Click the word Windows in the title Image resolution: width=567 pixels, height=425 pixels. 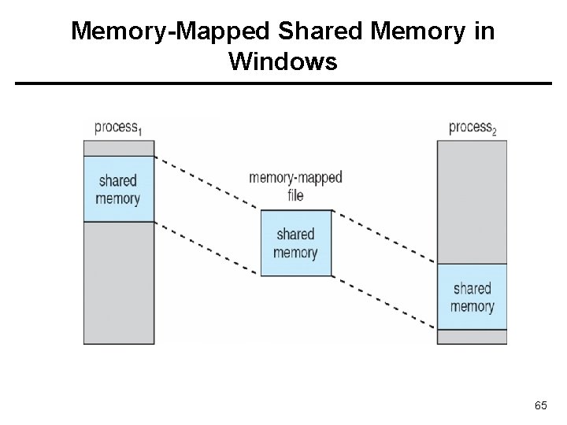tap(283, 61)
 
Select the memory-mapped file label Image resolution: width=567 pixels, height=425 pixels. tap(295, 186)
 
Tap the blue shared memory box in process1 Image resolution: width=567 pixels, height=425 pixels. tap(118, 189)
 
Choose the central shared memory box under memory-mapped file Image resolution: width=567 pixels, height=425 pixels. tap(295, 243)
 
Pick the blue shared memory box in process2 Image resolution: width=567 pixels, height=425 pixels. tap(472, 297)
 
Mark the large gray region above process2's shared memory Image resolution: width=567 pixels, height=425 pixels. tap(472, 201)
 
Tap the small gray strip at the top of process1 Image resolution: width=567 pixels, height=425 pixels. tap(118, 148)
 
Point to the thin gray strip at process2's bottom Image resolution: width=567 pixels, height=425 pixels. tap(472, 337)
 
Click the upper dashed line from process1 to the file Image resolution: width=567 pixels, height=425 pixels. tap(206, 183)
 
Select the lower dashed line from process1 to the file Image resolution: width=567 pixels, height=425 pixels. tap(206, 249)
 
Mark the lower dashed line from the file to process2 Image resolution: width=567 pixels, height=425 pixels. tap(384, 302)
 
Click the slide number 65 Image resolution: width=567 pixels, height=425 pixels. tap(540, 405)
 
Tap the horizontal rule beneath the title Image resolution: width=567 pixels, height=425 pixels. tap(283, 83)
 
